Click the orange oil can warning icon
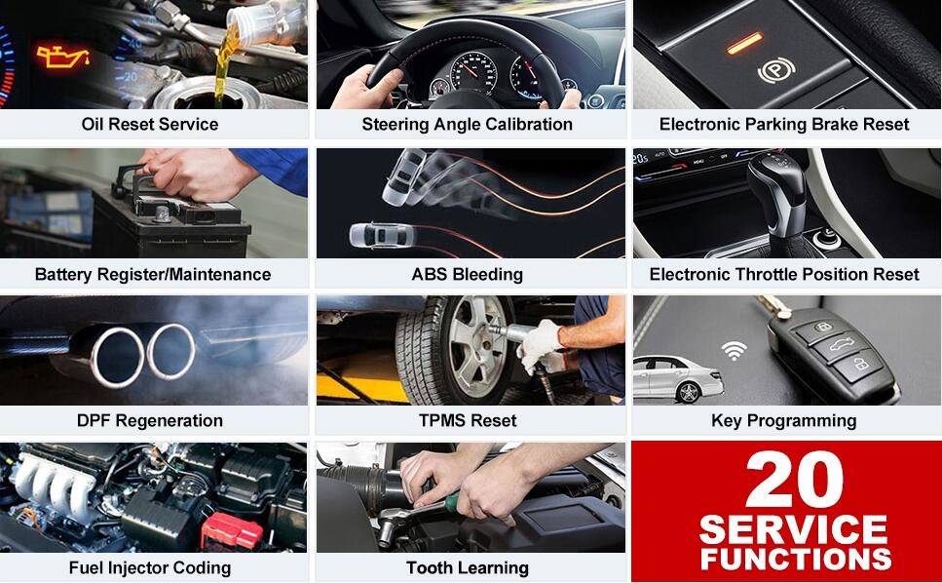[62, 56]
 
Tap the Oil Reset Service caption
[150, 125]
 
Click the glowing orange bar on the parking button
[744, 43]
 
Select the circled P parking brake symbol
[776, 71]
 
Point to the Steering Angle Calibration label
[467, 125]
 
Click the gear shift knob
[776, 180]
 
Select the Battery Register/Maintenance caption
[153, 275]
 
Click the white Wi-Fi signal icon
[735, 350]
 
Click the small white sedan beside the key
[678, 378]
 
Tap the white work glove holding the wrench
[540, 345]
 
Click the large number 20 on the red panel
[794, 480]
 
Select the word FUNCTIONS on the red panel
[796, 559]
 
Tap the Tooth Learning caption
[468, 568]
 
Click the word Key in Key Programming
[726, 421]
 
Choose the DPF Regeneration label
[150, 421]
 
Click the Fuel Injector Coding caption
[150, 568]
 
